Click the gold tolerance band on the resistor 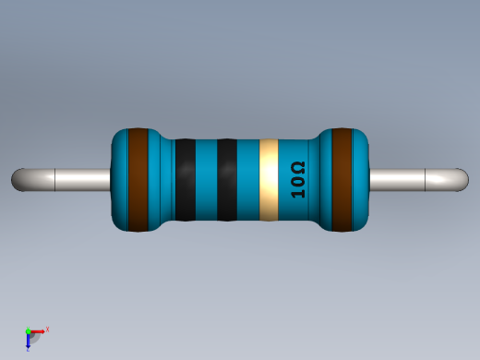click(269, 180)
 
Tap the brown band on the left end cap click(138, 180)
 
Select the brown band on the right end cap click(342, 180)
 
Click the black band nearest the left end click(185, 180)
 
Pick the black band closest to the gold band click(227, 180)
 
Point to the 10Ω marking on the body click(297, 180)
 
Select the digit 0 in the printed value click(297, 183)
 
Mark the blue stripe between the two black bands click(206, 180)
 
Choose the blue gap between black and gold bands click(248, 180)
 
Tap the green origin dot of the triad click(28, 330)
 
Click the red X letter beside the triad click(47, 329)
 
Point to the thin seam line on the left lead click(56, 180)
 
